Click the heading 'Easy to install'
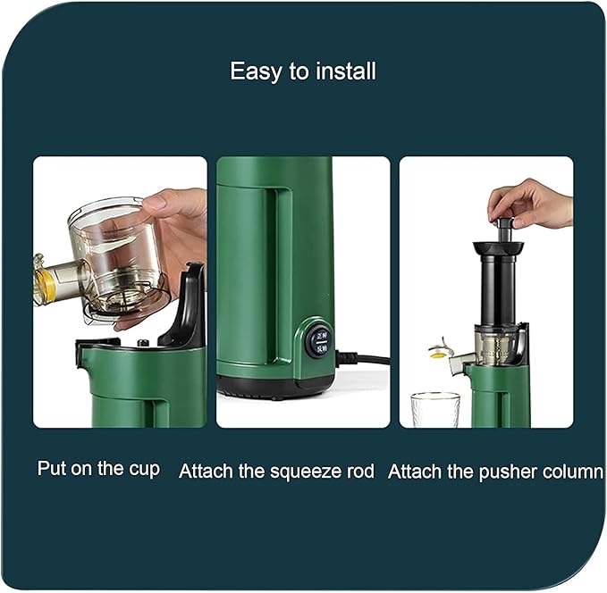pyautogui.click(x=303, y=71)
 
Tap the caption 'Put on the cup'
pyautogui.click(x=98, y=468)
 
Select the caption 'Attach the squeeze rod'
pyautogui.click(x=276, y=471)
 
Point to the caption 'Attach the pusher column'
pyautogui.click(x=495, y=471)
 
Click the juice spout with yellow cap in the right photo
pyautogui.click(x=441, y=352)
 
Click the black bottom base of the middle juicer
pyautogui.click(x=278, y=386)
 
